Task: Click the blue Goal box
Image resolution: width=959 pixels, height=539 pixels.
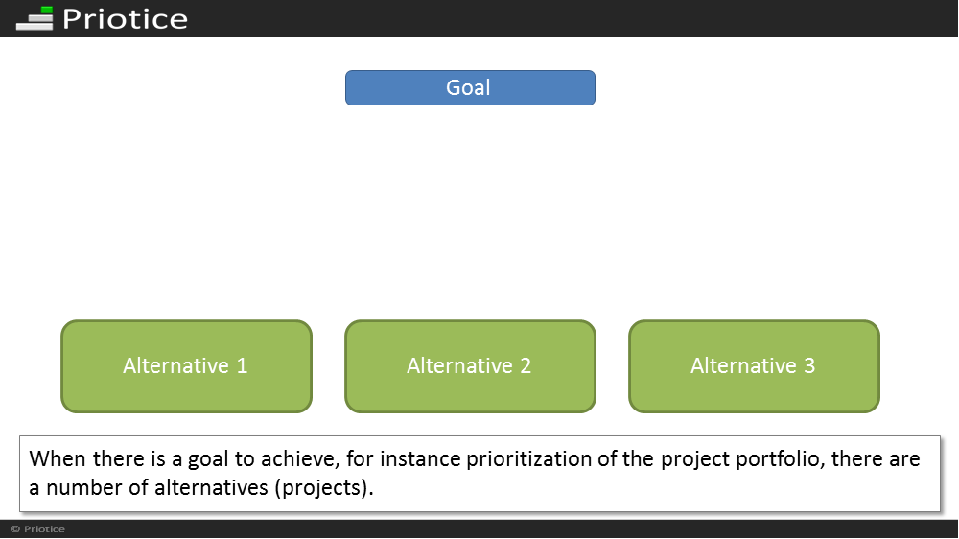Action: [x=470, y=87]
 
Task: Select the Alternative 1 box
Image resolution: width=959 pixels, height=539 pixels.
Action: [x=187, y=365]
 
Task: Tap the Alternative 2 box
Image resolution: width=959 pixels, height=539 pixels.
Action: [x=470, y=365]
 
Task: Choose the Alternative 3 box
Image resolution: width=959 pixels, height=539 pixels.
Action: [x=754, y=365]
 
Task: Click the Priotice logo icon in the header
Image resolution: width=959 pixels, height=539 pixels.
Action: [x=35, y=17]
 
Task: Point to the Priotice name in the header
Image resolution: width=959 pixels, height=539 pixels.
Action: [x=126, y=19]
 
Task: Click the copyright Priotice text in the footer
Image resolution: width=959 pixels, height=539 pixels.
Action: [x=38, y=529]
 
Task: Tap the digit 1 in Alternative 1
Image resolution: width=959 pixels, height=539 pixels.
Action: [x=243, y=365]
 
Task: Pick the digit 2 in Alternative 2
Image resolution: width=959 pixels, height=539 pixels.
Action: [x=526, y=365]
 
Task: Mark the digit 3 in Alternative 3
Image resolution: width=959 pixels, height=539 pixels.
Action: [x=809, y=365]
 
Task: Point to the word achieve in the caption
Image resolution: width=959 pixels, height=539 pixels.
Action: [x=299, y=458]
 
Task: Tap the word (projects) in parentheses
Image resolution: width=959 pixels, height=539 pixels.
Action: [x=323, y=488]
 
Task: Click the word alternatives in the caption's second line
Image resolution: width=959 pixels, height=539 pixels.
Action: [x=211, y=487]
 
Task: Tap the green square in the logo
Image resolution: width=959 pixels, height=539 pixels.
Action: [x=47, y=10]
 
